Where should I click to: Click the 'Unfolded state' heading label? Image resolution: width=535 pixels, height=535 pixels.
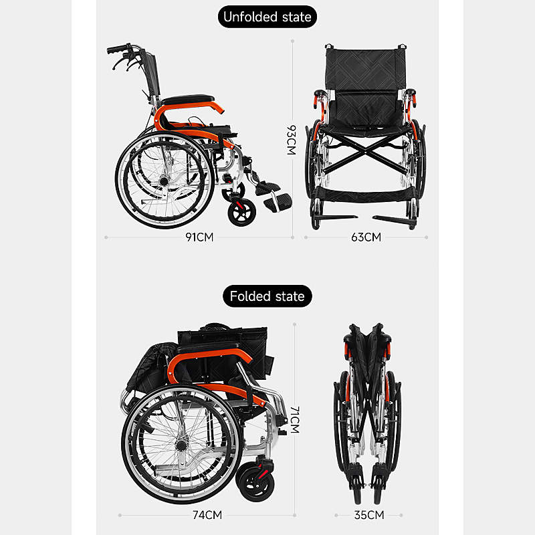(267, 17)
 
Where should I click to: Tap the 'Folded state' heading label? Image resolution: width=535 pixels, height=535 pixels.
(267, 296)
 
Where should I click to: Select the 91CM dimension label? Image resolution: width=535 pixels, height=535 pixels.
(199, 237)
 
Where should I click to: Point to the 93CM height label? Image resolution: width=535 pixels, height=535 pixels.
(292, 140)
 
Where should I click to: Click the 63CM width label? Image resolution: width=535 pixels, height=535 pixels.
(366, 237)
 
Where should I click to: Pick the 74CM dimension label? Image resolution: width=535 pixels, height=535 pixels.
(207, 515)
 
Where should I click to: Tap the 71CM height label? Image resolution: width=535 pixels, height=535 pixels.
(294, 420)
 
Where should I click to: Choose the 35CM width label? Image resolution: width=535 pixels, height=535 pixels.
(369, 515)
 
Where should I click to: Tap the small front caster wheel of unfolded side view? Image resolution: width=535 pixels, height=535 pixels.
(242, 213)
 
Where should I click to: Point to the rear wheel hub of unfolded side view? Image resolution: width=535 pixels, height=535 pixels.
(165, 180)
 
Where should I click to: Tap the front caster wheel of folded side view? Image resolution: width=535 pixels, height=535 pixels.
(256, 484)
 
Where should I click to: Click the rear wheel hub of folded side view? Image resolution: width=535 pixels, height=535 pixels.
(181, 445)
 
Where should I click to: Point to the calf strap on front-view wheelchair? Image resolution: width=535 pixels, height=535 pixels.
(365, 195)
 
